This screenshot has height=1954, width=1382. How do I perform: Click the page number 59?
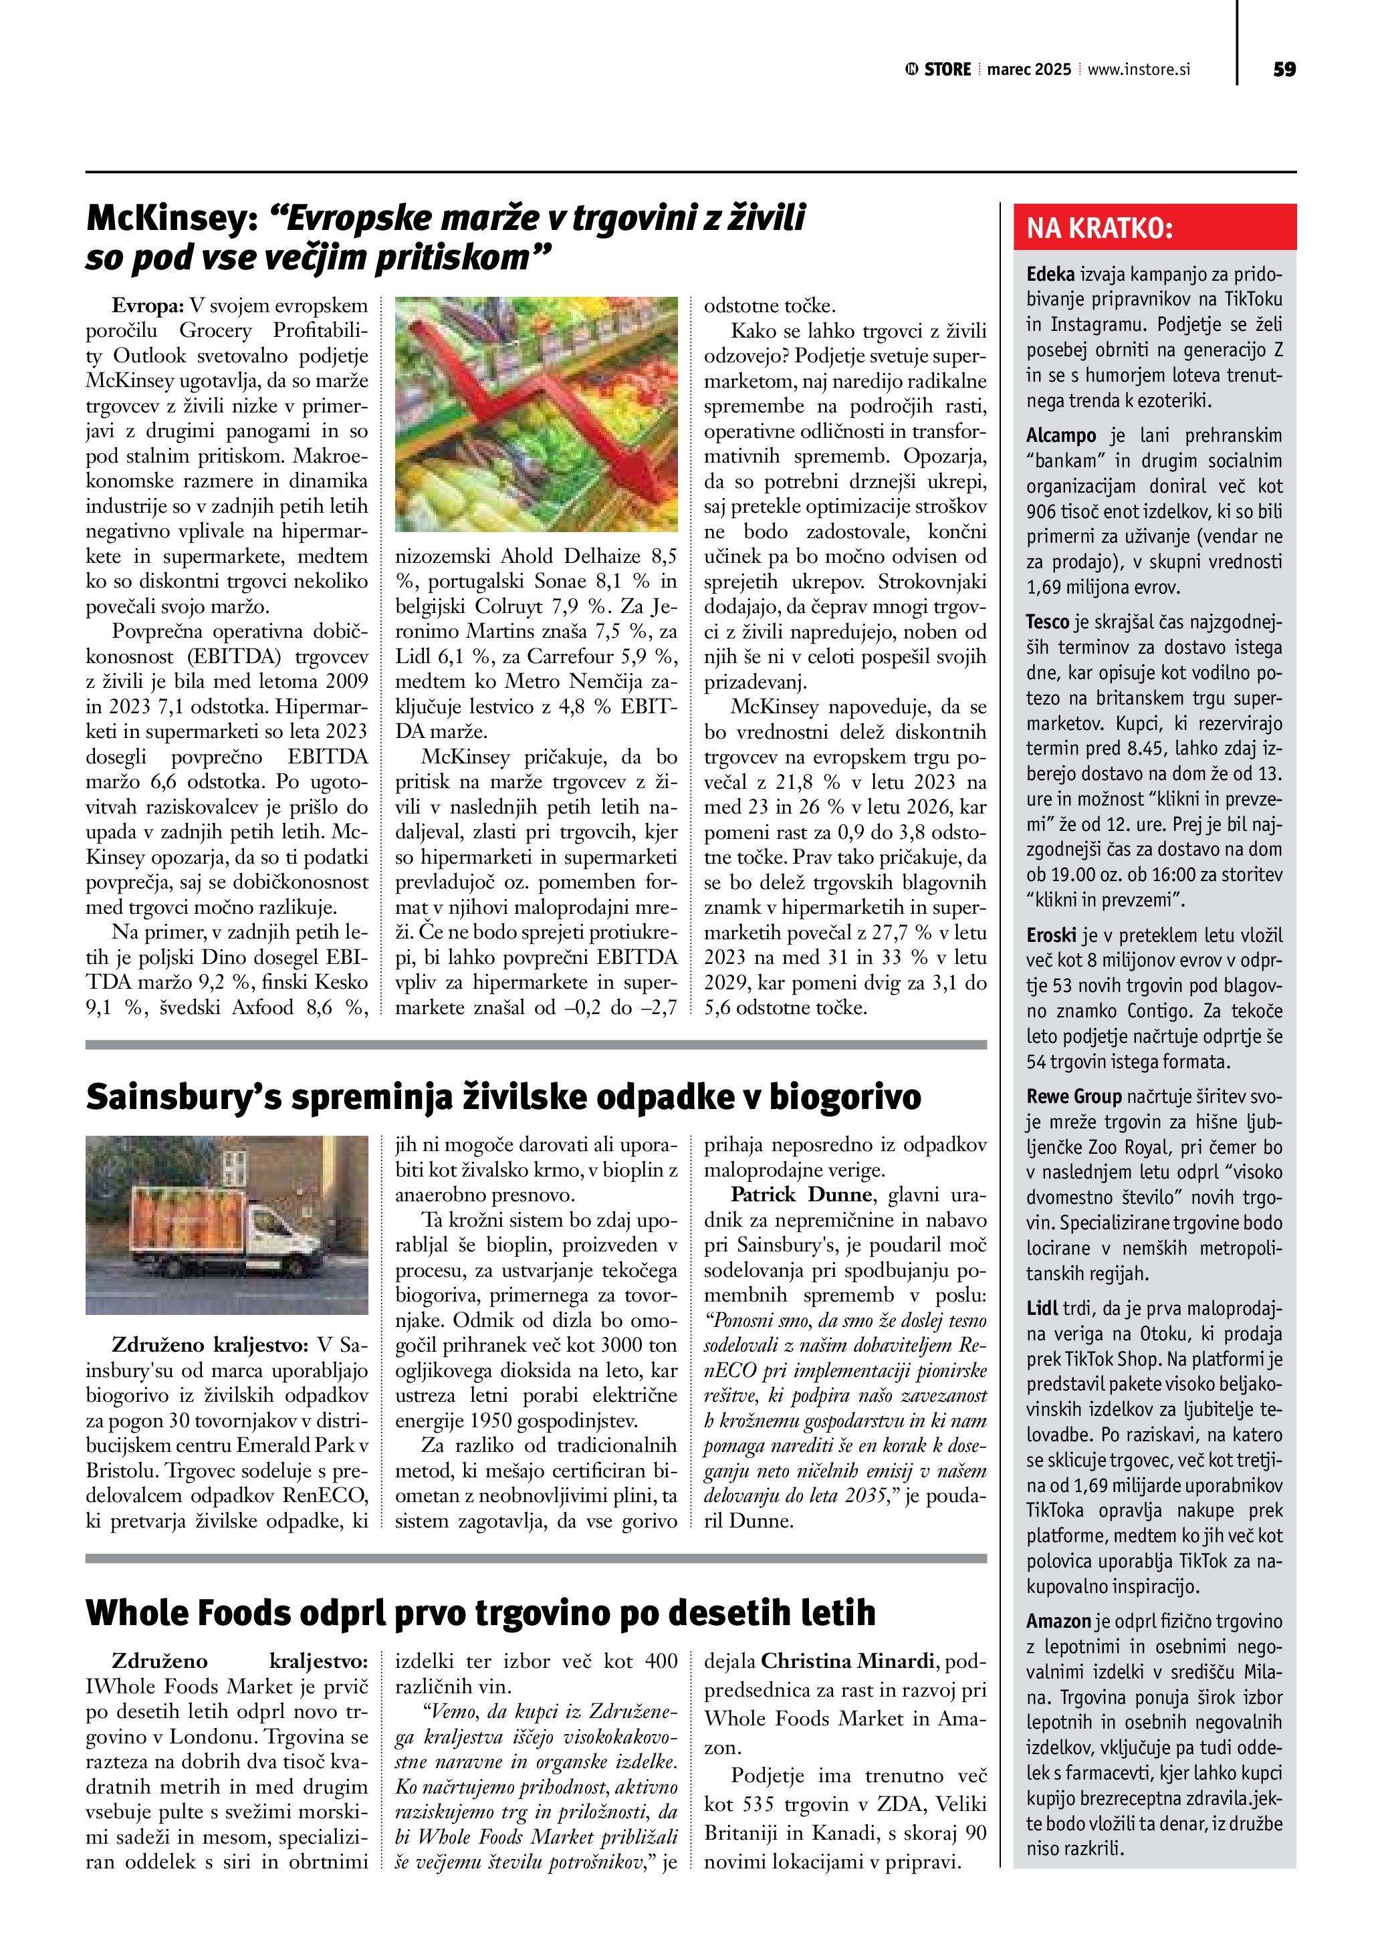1284,70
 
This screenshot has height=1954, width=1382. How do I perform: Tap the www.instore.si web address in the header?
1139,70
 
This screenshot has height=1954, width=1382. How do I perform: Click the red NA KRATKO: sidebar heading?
1099,228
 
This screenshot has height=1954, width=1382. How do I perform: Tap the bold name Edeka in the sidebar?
1050,274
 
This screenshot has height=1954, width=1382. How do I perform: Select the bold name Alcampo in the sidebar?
1060,436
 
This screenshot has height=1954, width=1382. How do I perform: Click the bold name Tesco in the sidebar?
1047,622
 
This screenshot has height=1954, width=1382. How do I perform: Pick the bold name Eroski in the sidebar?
1051,935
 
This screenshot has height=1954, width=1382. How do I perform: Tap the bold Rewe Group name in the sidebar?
1073,1096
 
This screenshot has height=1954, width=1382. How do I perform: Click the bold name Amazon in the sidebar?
1058,1621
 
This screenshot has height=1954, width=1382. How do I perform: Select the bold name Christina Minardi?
848,1661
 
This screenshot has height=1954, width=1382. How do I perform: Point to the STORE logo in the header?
938,70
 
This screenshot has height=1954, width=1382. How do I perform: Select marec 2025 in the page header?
1029,70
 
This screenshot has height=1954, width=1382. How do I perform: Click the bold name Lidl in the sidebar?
1042,1308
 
